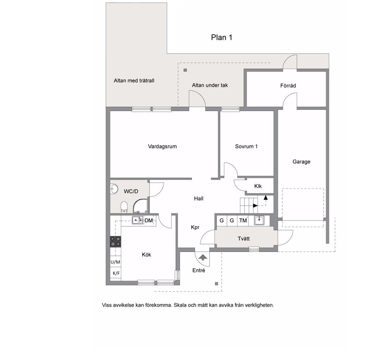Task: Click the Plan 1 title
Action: pos(221,37)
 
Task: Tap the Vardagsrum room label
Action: pos(162,147)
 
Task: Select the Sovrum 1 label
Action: pos(246,147)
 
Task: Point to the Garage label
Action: pos(301,162)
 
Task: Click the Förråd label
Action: pos(288,86)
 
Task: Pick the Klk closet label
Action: pos(258,186)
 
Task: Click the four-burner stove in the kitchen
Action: pos(115,241)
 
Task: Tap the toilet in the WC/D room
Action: pos(124,208)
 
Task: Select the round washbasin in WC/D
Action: pos(114,189)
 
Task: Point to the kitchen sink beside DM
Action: pos(138,220)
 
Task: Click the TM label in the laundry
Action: pos(243,220)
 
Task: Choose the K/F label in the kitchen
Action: pos(116,273)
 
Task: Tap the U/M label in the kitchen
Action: pos(115,262)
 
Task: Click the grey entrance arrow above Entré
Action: pos(203,257)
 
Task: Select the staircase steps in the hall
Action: pos(249,206)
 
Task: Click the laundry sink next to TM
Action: pos(259,220)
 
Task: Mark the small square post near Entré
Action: pos(216,284)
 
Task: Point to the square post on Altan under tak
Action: pos(185,70)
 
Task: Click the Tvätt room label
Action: pos(244,239)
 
